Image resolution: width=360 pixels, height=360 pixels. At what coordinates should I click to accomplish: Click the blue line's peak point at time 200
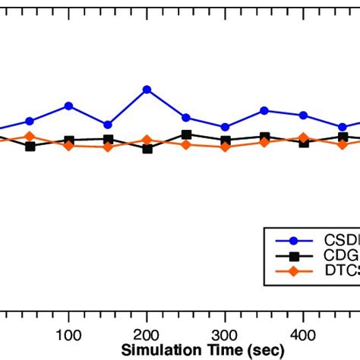(x=147, y=90)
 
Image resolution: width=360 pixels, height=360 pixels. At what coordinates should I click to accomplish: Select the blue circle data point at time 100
(x=69, y=106)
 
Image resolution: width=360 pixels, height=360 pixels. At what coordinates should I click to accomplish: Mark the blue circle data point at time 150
(x=108, y=125)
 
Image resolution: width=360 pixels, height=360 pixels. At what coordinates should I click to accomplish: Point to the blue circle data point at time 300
(x=226, y=127)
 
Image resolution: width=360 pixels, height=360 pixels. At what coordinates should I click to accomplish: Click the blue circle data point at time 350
(x=264, y=110)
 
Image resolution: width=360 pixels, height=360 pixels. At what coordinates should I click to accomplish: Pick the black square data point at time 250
(x=186, y=134)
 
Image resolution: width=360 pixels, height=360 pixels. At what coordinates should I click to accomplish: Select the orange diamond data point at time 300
(x=226, y=146)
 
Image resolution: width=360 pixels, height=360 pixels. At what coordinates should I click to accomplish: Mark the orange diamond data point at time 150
(x=108, y=147)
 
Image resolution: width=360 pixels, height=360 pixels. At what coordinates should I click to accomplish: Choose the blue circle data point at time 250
(x=186, y=118)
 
